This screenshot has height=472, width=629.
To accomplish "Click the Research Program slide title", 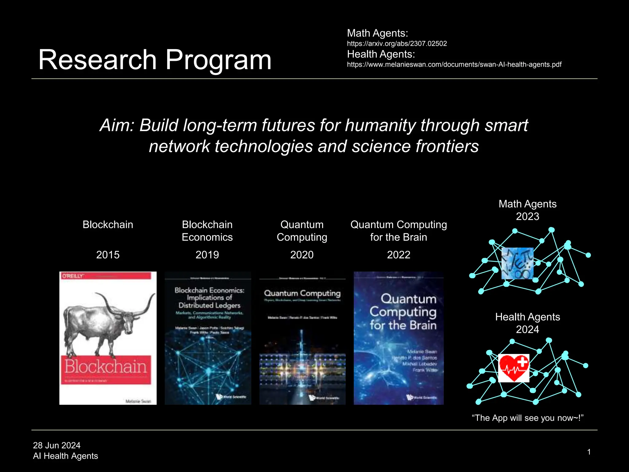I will (x=155, y=60).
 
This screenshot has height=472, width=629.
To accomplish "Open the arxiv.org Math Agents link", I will (x=397, y=44).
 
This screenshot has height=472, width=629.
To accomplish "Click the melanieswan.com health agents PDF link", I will (x=454, y=65).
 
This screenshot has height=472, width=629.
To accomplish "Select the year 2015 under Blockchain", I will (x=108, y=255).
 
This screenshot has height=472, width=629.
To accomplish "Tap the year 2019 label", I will (x=207, y=255).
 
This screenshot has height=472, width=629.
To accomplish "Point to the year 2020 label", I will (x=302, y=255).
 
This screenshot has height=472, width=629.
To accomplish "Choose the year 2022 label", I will (x=399, y=255).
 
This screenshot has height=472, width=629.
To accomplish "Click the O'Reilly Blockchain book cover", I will (x=108, y=338).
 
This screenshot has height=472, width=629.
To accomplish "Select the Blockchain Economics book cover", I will (x=208, y=338).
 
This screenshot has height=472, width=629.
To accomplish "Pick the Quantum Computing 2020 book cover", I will (x=303, y=338).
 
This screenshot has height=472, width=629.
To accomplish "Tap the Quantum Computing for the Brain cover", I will (x=399, y=338).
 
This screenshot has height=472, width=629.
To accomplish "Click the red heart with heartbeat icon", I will (x=514, y=368).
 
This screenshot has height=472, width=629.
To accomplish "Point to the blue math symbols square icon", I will (x=518, y=263).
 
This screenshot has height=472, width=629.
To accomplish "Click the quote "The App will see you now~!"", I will (x=527, y=418).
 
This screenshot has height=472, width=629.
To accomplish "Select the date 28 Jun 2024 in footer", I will (x=57, y=445).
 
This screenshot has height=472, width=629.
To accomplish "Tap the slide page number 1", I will (x=589, y=452).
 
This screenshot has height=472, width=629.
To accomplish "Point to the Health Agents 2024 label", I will (x=527, y=323).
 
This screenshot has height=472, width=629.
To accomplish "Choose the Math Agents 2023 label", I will (x=527, y=210).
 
